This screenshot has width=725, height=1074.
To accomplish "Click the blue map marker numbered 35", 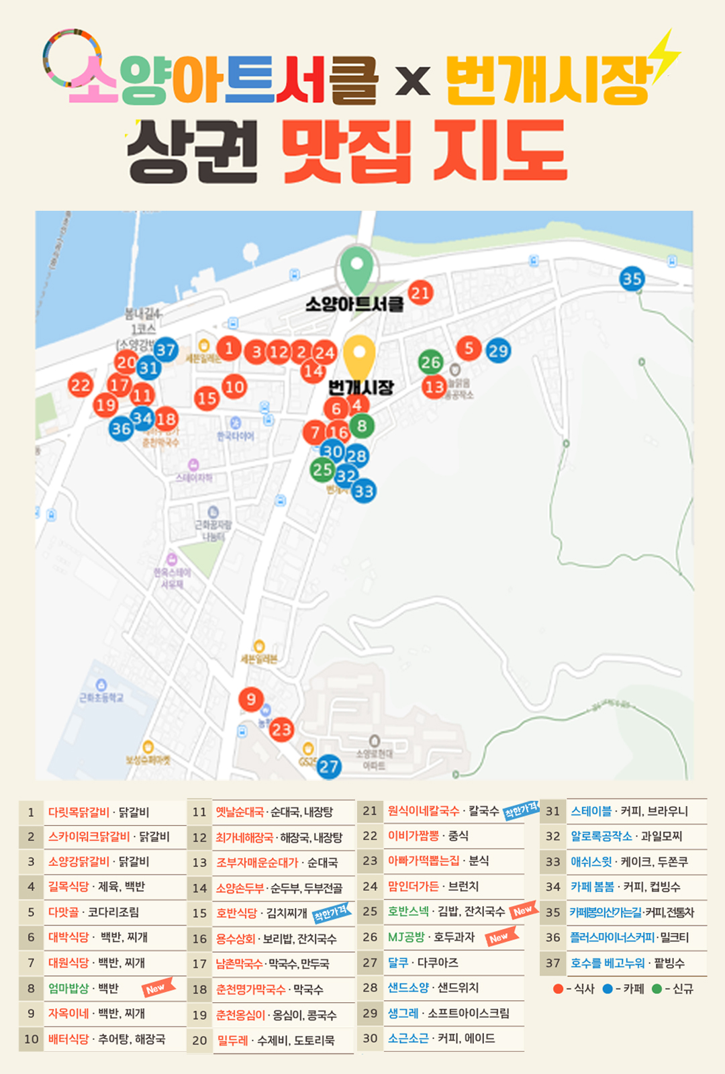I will tap(632, 279).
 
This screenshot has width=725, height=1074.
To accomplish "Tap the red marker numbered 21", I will tap(420, 293).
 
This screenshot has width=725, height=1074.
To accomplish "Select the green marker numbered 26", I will tap(430, 362).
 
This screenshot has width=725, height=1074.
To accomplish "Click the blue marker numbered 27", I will tap(328, 767).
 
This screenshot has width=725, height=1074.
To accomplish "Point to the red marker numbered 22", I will tap(81, 385).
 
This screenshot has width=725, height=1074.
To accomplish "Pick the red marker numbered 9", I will tap(251, 699).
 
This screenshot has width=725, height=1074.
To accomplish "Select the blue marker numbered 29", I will tap(498, 350).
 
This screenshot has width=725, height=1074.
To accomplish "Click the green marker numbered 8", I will tap(362, 426).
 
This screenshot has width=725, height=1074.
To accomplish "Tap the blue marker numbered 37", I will tap(165, 349).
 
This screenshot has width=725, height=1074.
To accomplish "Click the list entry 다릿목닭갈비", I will tap(79, 812).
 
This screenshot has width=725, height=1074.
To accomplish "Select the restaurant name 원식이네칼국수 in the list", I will tap(423, 811).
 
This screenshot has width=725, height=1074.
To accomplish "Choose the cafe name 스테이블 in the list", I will tap(591, 811).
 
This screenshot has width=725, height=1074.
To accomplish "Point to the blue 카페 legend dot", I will tap(608, 989).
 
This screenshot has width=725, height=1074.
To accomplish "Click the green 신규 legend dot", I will tap(657, 989).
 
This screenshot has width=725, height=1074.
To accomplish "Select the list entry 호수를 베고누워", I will tap(607, 963).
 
